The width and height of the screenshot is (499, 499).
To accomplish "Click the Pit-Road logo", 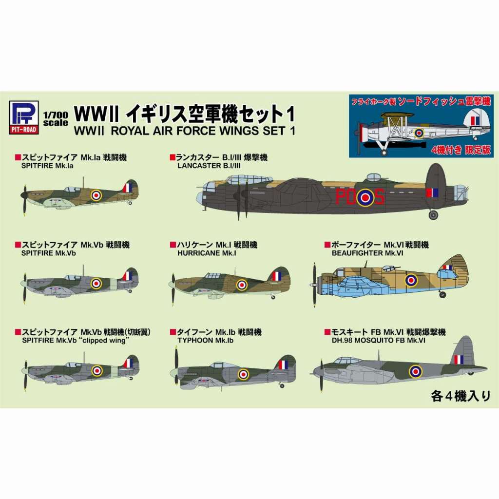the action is click(x=24, y=117).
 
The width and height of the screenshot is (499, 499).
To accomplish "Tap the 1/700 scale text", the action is click(x=56, y=119).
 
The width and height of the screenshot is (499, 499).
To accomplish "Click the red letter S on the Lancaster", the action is click(x=379, y=197).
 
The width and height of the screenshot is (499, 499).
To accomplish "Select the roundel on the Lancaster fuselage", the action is click(x=365, y=198).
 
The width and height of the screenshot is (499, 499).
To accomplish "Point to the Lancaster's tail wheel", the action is click(x=433, y=215).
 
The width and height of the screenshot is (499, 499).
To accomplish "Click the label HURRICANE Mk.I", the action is click(x=207, y=253).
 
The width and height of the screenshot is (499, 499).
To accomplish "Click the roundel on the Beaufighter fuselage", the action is click(x=411, y=280).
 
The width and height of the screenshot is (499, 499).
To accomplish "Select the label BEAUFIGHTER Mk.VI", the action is click(x=367, y=253).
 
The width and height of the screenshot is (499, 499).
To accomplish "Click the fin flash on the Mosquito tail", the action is click(x=459, y=360).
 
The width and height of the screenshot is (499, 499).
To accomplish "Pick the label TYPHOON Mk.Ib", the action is click(x=206, y=341).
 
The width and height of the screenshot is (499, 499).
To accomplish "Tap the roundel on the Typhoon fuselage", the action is click(x=243, y=374).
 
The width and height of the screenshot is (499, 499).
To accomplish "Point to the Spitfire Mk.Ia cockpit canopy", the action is click(x=72, y=190).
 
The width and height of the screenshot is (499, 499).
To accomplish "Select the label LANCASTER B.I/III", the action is click(x=209, y=166).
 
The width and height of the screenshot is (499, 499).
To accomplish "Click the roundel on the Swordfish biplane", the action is click(x=419, y=133).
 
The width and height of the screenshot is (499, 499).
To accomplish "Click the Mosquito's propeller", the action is click(x=321, y=376).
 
